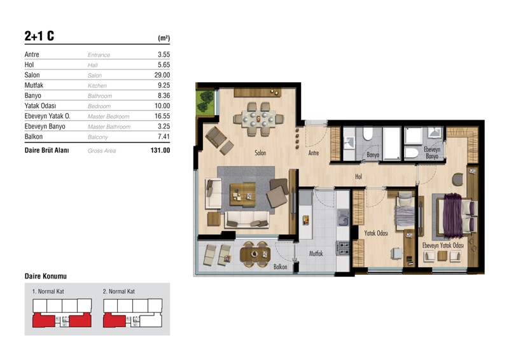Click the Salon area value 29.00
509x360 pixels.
tap(162, 75)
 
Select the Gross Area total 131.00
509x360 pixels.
tap(160, 150)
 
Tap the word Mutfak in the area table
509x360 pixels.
tap(34, 85)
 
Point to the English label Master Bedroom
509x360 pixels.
tap(108, 116)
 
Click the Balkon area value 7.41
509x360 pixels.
tap(164, 137)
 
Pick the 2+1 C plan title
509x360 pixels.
tap(39, 36)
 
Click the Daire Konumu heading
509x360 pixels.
tap(46, 276)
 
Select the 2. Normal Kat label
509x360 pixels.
tap(119, 291)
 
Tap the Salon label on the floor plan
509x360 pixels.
tap(260, 153)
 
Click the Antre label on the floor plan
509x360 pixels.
tap(314, 153)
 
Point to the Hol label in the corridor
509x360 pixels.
tap(358, 177)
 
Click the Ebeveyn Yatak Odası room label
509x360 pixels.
tap(443, 246)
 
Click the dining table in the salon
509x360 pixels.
tap(259, 119)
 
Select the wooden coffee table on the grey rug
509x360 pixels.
tap(242, 195)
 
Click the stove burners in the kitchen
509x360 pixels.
tap(343, 247)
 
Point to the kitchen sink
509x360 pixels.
tap(343, 218)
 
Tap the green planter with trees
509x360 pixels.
tap(205, 102)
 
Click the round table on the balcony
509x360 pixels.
tap(255, 254)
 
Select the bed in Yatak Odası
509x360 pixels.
tap(405, 211)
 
